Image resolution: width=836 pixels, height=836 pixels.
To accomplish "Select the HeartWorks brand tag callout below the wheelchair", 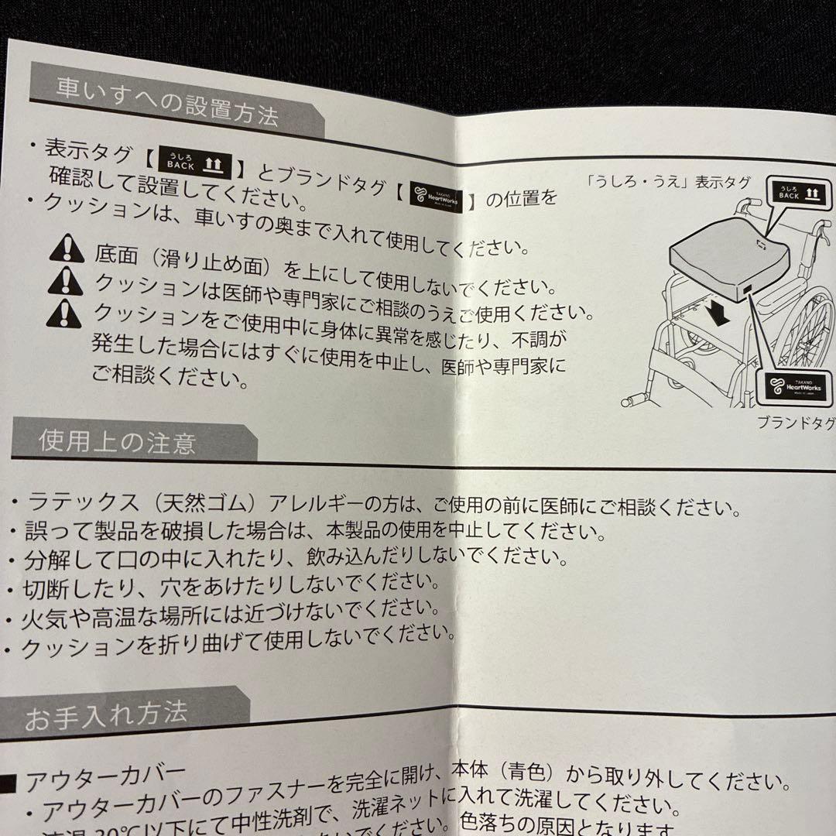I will point(792,385).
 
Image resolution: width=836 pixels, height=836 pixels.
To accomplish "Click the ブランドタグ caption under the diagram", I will point(794,423).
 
